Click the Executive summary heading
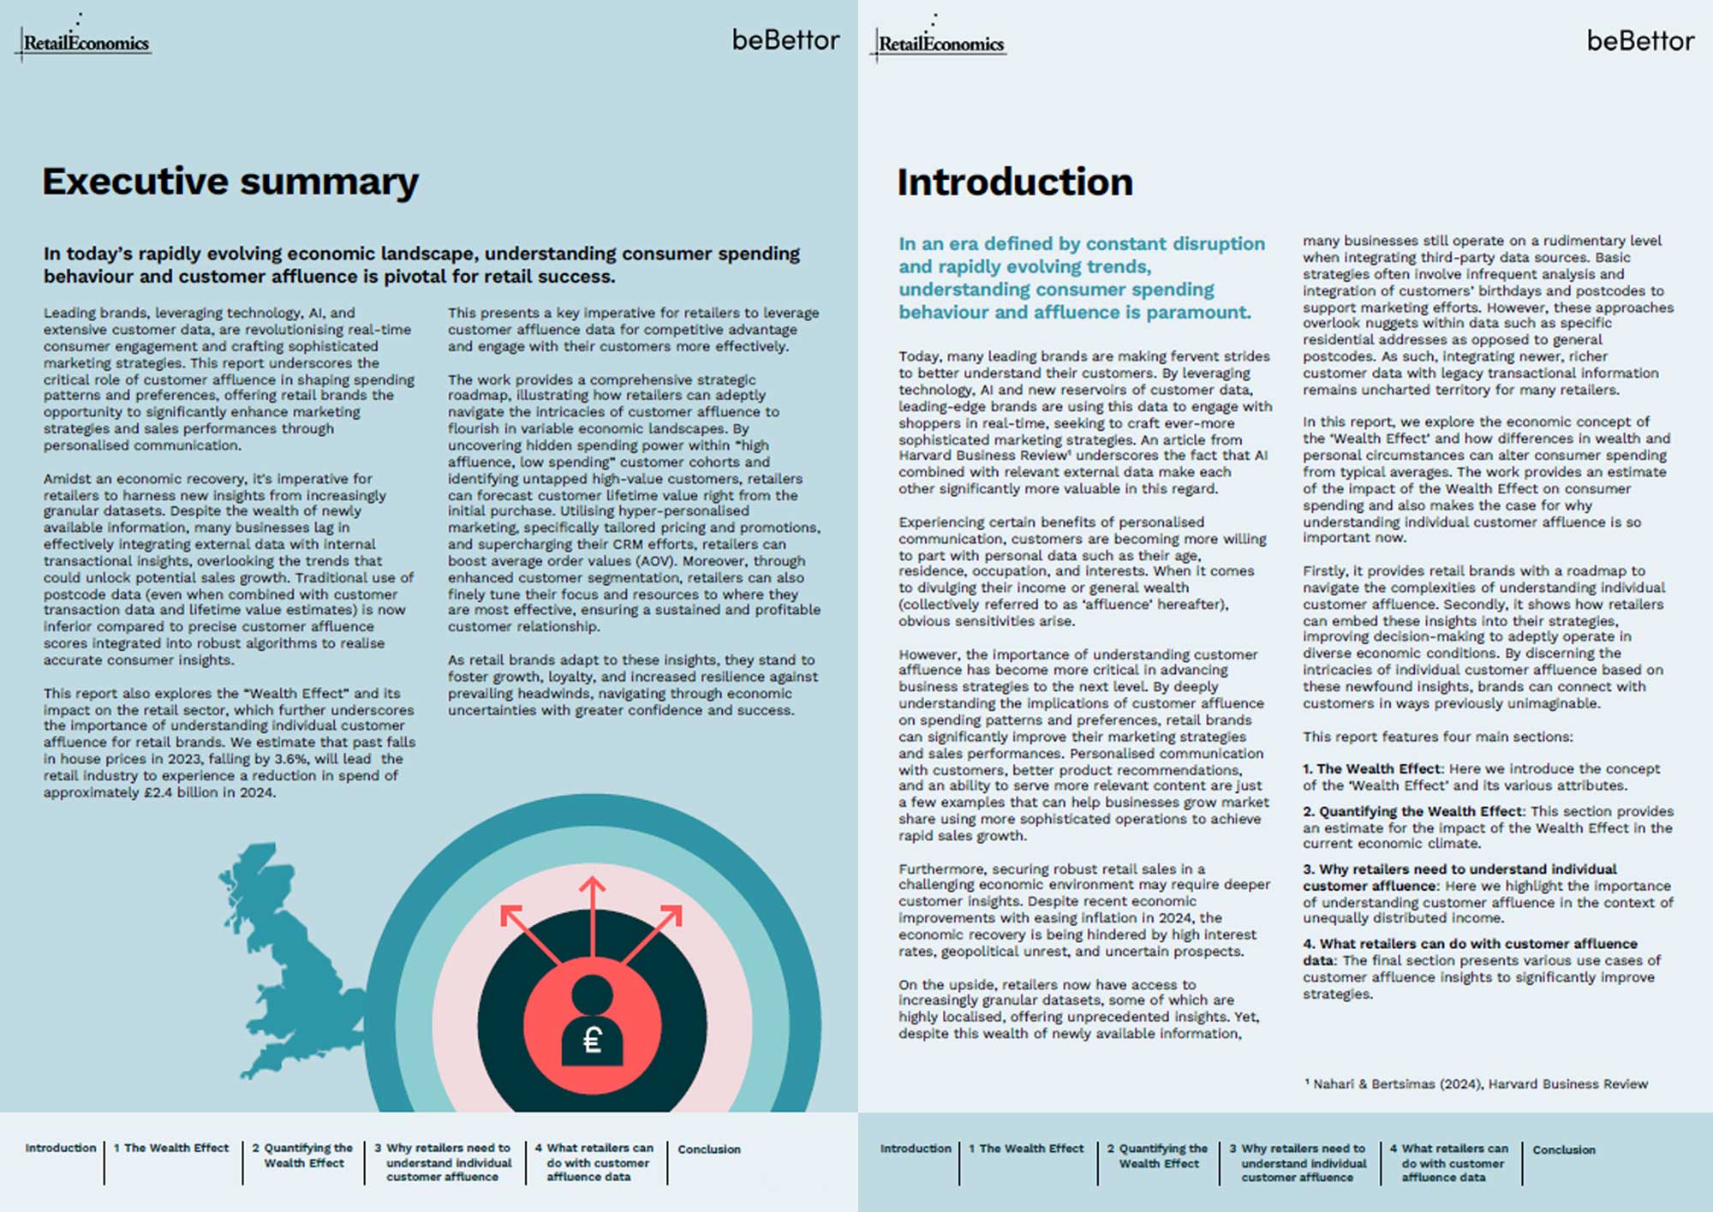(x=230, y=182)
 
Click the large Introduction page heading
(x=1015, y=182)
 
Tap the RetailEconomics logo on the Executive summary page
(x=86, y=43)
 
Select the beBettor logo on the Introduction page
(x=1639, y=41)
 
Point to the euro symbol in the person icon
(x=592, y=1041)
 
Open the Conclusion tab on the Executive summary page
(x=709, y=1149)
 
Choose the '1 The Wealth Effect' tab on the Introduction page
(x=1026, y=1149)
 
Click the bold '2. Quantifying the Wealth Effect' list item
(x=1413, y=811)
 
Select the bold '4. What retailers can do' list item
(x=1470, y=943)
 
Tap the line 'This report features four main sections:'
(x=1437, y=737)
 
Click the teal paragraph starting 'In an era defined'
(x=1081, y=278)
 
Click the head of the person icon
(x=592, y=994)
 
